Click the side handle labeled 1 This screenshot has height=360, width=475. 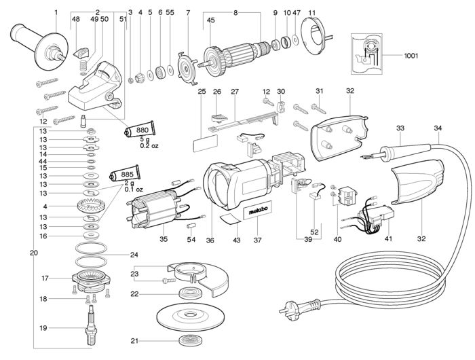pos(39,46)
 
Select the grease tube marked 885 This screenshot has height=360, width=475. pos(125,174)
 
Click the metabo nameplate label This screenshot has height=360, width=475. pos(258,210)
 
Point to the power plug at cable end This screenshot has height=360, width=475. pos(299,306)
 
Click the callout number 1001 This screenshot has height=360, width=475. pos(411,56)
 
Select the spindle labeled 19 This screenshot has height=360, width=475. pos(90,325)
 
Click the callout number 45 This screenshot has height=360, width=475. pos(210,20)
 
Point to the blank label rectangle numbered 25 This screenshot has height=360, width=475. pos(205,143)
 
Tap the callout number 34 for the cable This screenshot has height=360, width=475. pos(438,128)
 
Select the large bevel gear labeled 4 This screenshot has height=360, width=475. pos(91,206)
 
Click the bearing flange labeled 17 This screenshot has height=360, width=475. pos(91,280)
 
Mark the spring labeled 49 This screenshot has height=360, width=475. pos(83,65)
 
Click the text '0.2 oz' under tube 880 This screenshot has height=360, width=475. pos(149,145)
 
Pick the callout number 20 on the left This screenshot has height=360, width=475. pos(34,253)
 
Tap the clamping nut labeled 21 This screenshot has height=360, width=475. pos(191,340)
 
